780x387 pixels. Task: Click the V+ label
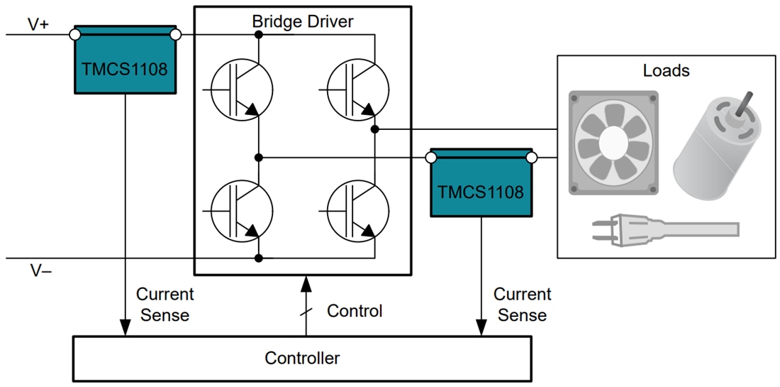tap(39, 23)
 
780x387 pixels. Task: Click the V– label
tap(40, 271)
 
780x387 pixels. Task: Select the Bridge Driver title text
tap(303, 21)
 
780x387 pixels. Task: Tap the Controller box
tap(302, 358)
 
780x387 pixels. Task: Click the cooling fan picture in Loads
tap(615, 144)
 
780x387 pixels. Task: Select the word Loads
tap(666, 71)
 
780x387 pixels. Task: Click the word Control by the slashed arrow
tap(355, 311)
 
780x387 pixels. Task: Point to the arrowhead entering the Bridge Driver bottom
tap(306, 283)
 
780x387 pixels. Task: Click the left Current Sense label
tap(165, 305)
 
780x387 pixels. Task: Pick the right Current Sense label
tap(522, 305)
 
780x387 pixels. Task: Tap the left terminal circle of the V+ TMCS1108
tap(74, 34)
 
